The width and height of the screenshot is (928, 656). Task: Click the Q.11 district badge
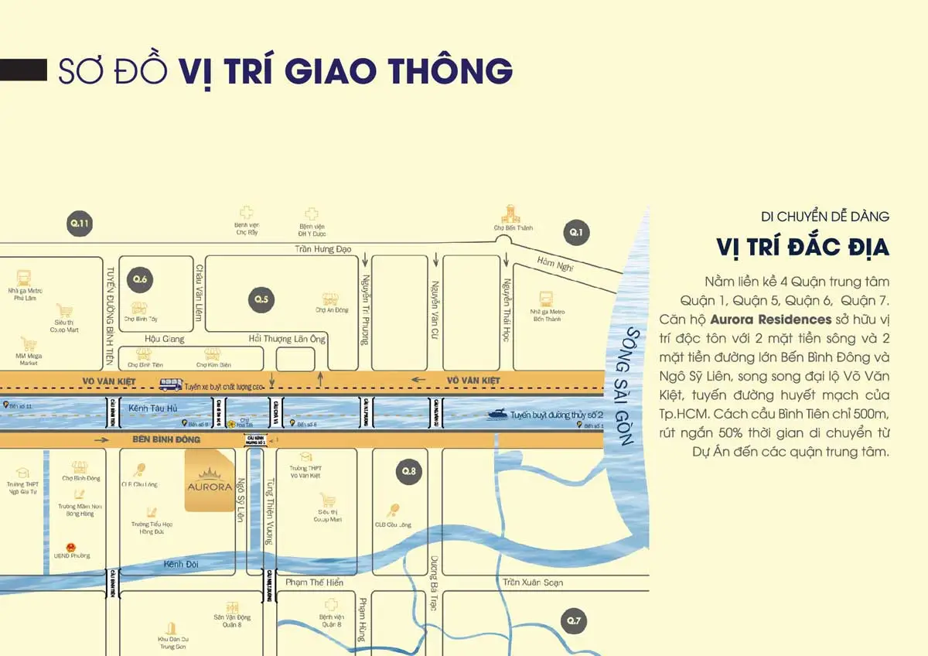point(80,224)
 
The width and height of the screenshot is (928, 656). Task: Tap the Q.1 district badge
point(575,231)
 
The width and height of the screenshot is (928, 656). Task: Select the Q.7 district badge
point(573,620)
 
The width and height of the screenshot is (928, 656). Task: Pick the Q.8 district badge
point(408,470)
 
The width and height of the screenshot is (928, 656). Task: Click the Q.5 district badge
point(261,299)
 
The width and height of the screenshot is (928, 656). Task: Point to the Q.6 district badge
point(140,278)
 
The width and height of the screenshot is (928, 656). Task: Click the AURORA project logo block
point(210,480)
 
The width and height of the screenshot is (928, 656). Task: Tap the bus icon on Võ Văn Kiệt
point(171,384)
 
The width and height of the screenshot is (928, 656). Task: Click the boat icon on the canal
point(497,415)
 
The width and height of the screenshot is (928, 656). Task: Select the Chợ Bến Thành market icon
point(510,214)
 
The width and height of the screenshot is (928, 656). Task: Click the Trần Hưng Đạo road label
point(323,248)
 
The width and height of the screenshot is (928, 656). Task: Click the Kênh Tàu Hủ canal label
point(149,407)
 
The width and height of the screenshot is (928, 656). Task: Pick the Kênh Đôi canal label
point(181,564)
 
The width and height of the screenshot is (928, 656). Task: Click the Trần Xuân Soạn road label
point(532,582)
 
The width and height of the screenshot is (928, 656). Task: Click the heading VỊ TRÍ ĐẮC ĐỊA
point(802,248)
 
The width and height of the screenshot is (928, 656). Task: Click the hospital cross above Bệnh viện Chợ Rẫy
point(246,212)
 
